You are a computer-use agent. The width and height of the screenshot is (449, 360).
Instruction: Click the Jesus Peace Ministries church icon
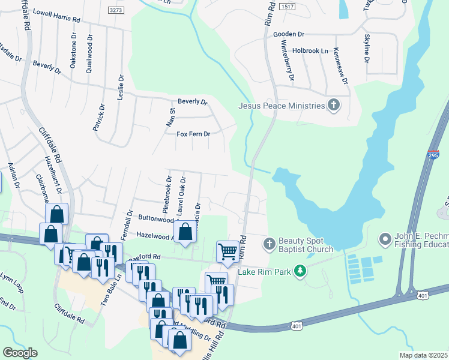coord(334,106)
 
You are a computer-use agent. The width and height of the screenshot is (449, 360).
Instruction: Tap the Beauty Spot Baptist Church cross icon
coord(270,243)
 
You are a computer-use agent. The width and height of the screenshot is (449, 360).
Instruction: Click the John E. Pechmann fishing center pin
coord(385,240)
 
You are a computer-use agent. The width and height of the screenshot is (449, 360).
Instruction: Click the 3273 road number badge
coord(116,10)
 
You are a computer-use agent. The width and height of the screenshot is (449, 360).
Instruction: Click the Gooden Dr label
coord(289,35)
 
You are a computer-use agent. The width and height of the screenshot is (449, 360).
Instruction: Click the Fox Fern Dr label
coord(193,134)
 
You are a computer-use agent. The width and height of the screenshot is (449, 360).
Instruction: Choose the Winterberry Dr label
coord(291,66)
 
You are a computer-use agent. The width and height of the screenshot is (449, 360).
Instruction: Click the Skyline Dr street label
coord(366,49)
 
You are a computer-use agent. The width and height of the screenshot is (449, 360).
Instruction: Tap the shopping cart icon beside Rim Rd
coord(228,251)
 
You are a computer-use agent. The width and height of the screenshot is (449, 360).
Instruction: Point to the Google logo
coord(20,353)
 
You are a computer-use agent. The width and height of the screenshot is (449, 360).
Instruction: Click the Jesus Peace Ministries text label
coord(282,106)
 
